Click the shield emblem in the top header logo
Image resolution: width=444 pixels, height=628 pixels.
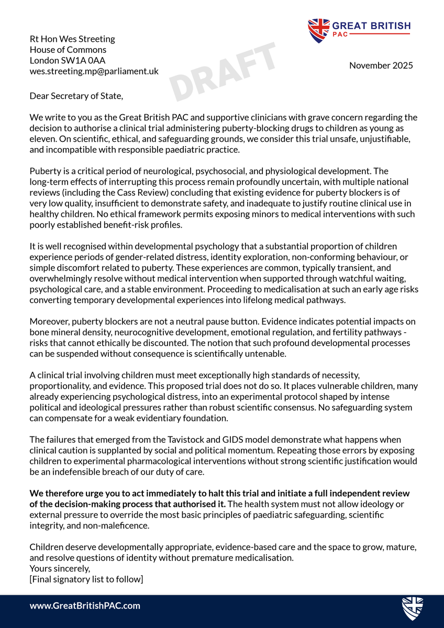click(318, 30)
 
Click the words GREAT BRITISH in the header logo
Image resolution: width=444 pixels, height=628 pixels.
click(371, 26)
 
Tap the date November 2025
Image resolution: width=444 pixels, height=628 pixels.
click(381, 65)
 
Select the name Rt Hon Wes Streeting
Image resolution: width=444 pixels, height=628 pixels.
click(72, 39)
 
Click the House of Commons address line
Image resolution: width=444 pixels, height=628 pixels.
click(68, 50)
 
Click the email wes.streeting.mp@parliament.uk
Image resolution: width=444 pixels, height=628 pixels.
click(94, 71)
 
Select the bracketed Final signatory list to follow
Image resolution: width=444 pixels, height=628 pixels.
click(86, 579)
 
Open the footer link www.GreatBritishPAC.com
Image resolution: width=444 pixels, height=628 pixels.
click(85, 605)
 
